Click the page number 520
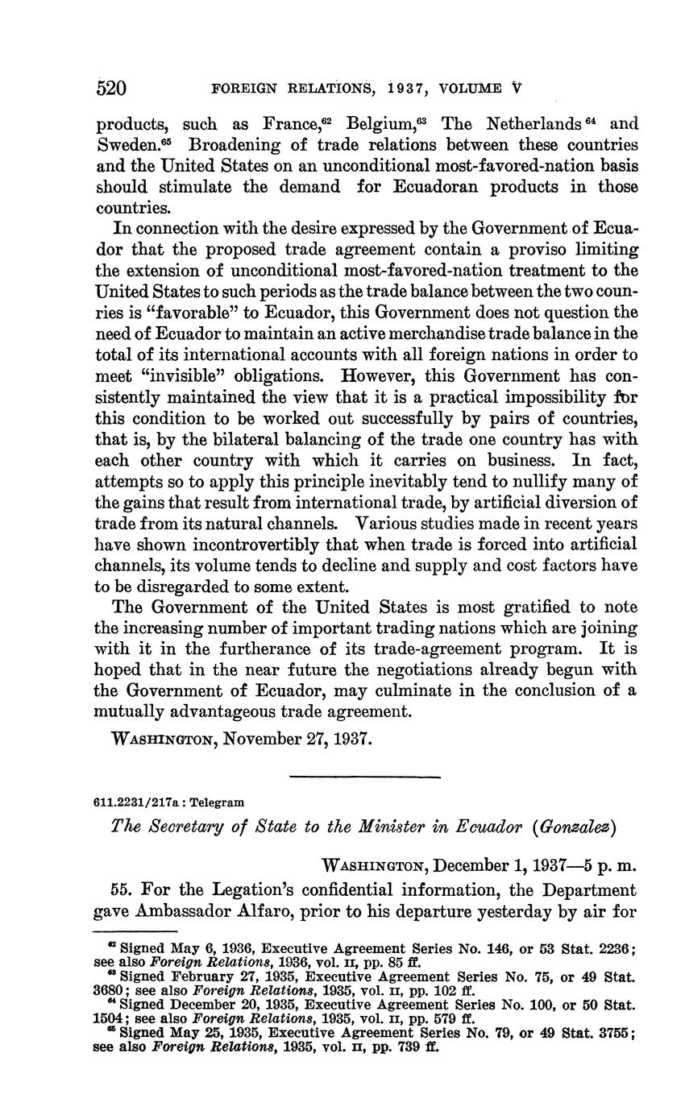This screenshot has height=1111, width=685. click(x=112, y=87)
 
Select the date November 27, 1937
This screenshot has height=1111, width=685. click(x=297, y=739)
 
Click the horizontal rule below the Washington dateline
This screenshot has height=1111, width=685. click(x=364, y=777)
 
